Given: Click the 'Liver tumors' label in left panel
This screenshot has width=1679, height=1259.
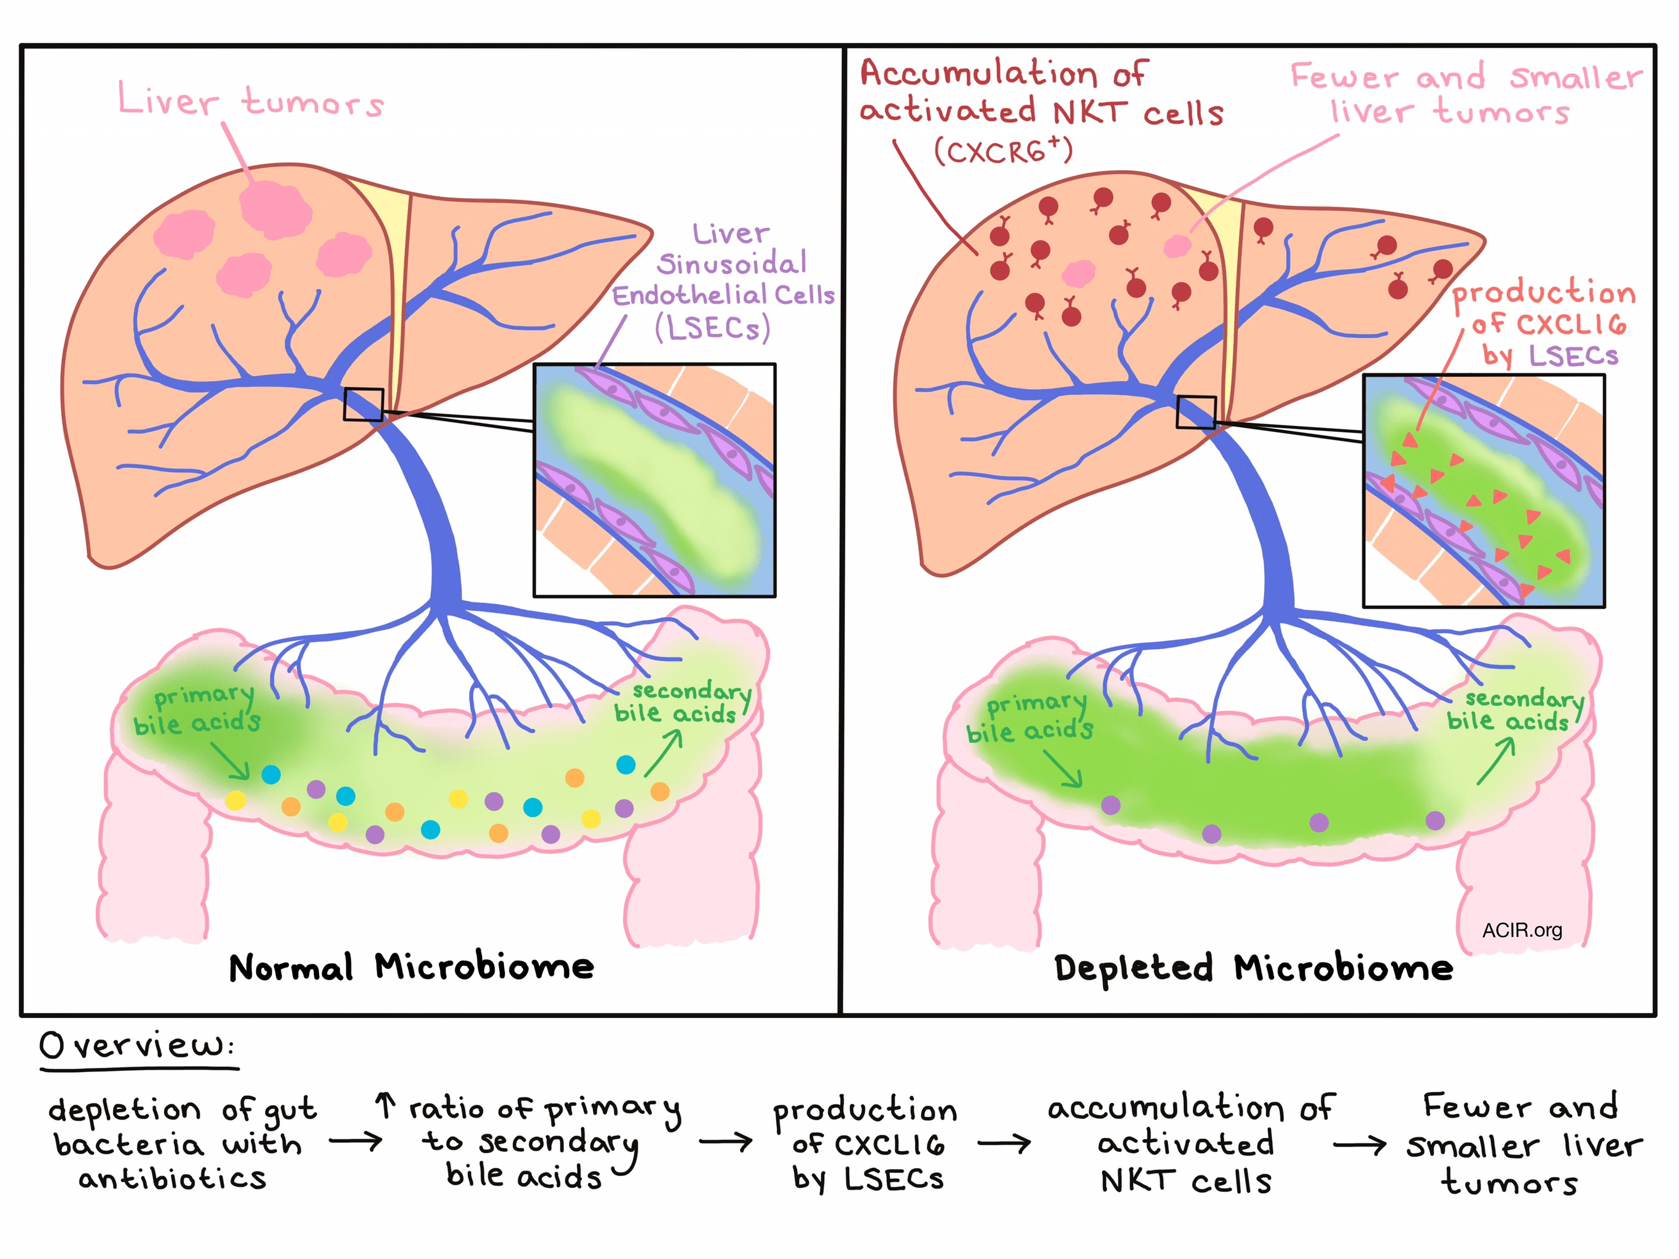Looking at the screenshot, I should point(251,101).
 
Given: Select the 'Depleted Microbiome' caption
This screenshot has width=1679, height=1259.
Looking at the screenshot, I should point(1253,968).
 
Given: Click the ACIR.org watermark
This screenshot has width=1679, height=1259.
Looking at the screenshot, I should point(1521,930).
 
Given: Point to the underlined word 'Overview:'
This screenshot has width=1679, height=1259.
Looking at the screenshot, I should point(136,1046).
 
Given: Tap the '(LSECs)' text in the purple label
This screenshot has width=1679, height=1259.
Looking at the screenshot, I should point(712,328).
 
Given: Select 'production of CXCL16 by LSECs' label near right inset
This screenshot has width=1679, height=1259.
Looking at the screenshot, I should point(1544,324).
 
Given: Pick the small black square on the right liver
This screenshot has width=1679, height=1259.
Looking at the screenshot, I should point(1195,411).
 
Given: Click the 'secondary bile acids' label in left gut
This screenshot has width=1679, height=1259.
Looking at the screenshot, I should point(681,703).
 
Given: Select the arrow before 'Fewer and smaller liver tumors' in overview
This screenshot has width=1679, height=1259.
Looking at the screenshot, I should point(1359,1143).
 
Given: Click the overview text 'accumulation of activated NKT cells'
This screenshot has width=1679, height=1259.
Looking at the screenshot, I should point(1188,1143).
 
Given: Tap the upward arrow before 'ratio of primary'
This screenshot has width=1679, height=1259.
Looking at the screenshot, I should point(385,1105).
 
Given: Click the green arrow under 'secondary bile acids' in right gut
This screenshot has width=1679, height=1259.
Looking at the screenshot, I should point(1495,762).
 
